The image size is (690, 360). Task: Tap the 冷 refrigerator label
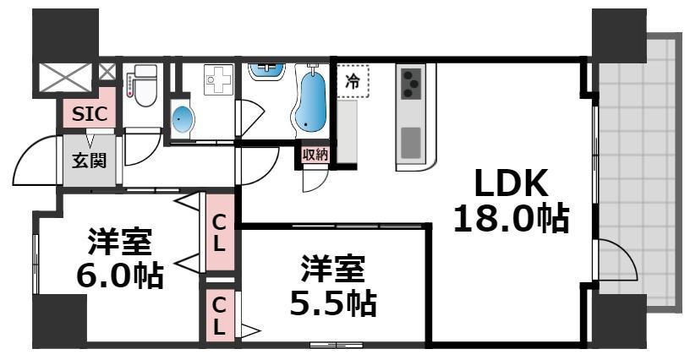pyautogui.click(x=353, y=81)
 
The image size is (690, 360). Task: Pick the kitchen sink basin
pyautogui.click(x=412, y=142)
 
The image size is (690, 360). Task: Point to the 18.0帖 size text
pyautogui.click(x=510, y=219)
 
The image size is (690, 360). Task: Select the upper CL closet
pyautogui.click(x=219, y=233)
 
